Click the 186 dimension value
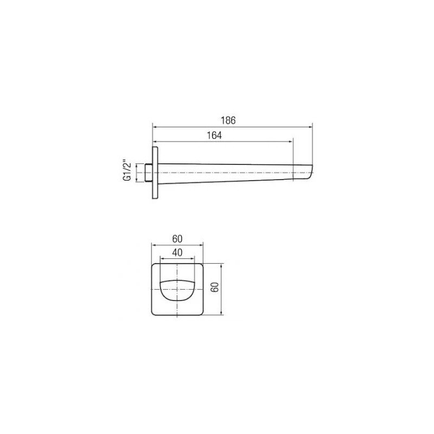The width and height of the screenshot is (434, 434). pyautogui.click(x=228, y=120)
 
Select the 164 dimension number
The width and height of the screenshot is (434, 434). pyautogui.click(x=214, y=135)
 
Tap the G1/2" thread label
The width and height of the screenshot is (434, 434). pyautogui.click(x=127, y=170)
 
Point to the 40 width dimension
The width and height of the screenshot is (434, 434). pyautogui.click(x=177, y=252)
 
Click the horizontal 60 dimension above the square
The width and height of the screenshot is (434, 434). pyautogui.click(x=177, y=239)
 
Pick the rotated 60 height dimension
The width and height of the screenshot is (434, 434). pyautogui.click(x=215, y=287)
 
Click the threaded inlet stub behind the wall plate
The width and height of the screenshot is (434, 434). pyautogui.click(x=149, y=173)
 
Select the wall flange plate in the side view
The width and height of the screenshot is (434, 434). pyautogui.click(x=155, y=173)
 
